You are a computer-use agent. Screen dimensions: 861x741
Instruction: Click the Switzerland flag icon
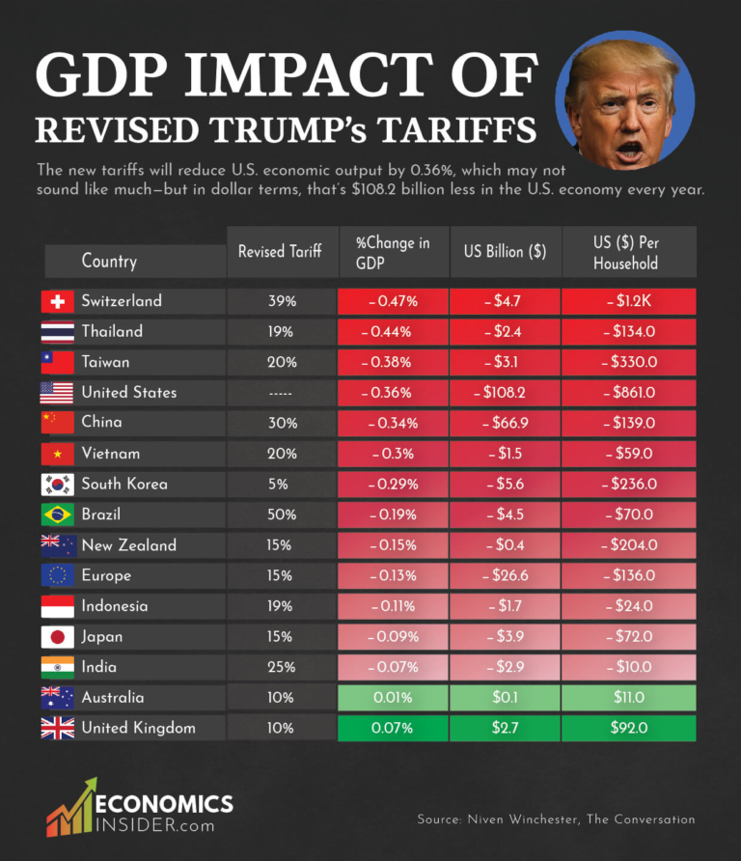pyautogui.click(x=57, y=301)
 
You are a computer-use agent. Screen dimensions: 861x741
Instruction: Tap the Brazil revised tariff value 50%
pyautogui.click(x=282, y=514)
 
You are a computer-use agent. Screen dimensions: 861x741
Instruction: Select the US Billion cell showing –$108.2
pyautogui.click(x=505, y=393)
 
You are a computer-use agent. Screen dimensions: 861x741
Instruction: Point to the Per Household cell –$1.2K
pyautogui.click(x=628, y=301)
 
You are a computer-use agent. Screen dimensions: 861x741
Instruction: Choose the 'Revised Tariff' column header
pyautogui.click(x=282, y=252)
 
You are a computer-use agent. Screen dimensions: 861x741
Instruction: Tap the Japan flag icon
pyautogui.click(x=57, y=637)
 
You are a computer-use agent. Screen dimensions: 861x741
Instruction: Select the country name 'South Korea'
pyautogui.click(x=123, y=484)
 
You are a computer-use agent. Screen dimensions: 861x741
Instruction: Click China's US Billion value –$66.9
pyautogui.click(x=505, y=423)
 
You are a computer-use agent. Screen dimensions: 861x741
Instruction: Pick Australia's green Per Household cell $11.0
pyautogui.click(x=628, y=697)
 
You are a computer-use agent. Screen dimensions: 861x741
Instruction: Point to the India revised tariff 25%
pyautogui.click(x=282, y=667)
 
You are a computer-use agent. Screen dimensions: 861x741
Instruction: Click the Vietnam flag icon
pyautogui.click(x=57, y=454)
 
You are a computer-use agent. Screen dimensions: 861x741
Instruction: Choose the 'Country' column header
pyautogui.click(x=109, y=261)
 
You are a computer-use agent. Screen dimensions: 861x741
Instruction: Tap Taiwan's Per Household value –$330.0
pyautogui.click(x=628, y=362)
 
